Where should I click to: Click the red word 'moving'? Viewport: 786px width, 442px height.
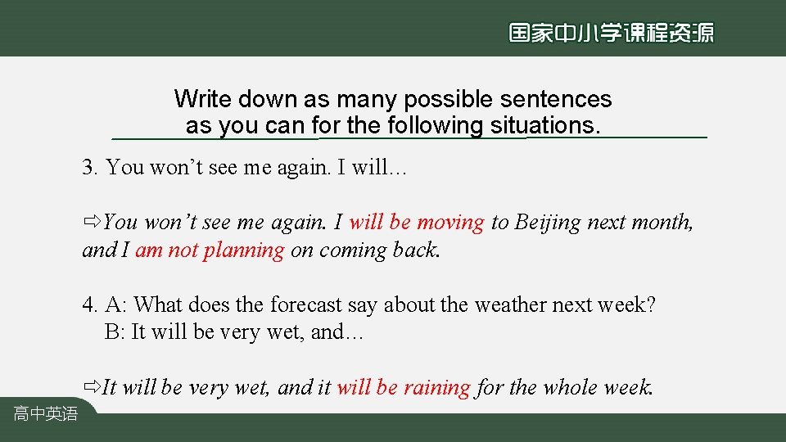(450, 222)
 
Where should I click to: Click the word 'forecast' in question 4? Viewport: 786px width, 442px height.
(304, 305)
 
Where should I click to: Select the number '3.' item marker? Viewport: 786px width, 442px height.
(90, 168)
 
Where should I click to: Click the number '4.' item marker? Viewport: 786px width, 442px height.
(90, 305)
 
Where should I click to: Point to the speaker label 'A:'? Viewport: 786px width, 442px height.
(116, 305)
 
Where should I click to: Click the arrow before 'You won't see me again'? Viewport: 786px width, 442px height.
(92, 222)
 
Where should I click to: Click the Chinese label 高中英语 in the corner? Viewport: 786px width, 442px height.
(45, 414)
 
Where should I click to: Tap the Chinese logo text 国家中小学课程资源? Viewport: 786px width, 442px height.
(611, 33)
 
